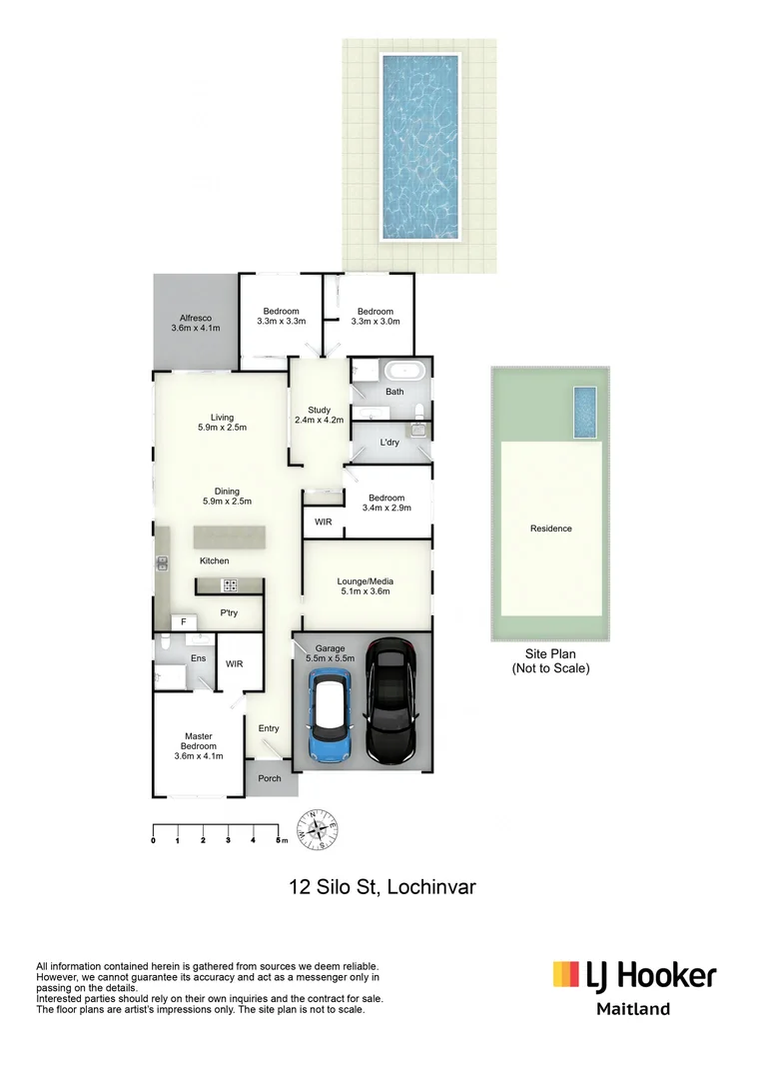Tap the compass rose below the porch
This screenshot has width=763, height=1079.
(321, 830)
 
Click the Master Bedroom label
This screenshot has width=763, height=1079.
(198, 745)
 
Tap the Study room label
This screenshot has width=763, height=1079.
(319, 415)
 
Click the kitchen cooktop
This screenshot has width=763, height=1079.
(229, 586)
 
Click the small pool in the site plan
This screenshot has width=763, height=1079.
(585, 412)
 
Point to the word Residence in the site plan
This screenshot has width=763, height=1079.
(551, 529)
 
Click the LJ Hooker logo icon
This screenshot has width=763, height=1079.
(567, 975)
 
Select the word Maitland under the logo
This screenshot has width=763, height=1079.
(633, 1009)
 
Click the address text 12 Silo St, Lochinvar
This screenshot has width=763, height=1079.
(381, 886)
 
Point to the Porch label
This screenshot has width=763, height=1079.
(270, 778)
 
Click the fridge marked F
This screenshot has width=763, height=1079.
(183, 622)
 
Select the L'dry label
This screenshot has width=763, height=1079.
(390, 442)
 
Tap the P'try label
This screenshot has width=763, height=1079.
(229, 613)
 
